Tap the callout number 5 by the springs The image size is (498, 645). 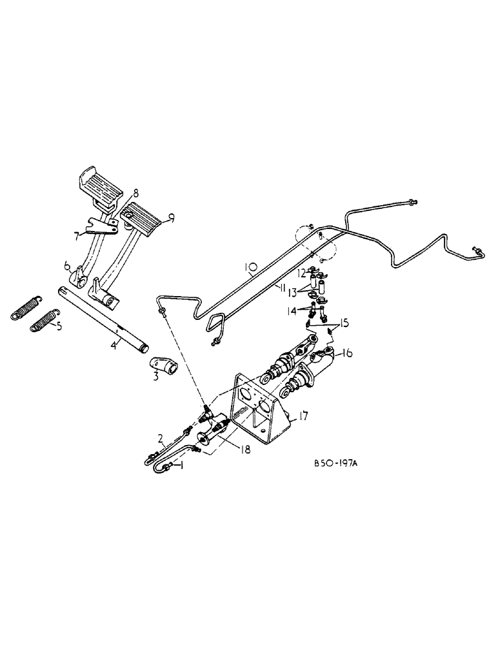pyautogui.click(x=59, y=326)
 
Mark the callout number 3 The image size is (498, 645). pyautogui.click(x=155, y=375)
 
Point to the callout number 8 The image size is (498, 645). pyautogui.click(x=135, y=192)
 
